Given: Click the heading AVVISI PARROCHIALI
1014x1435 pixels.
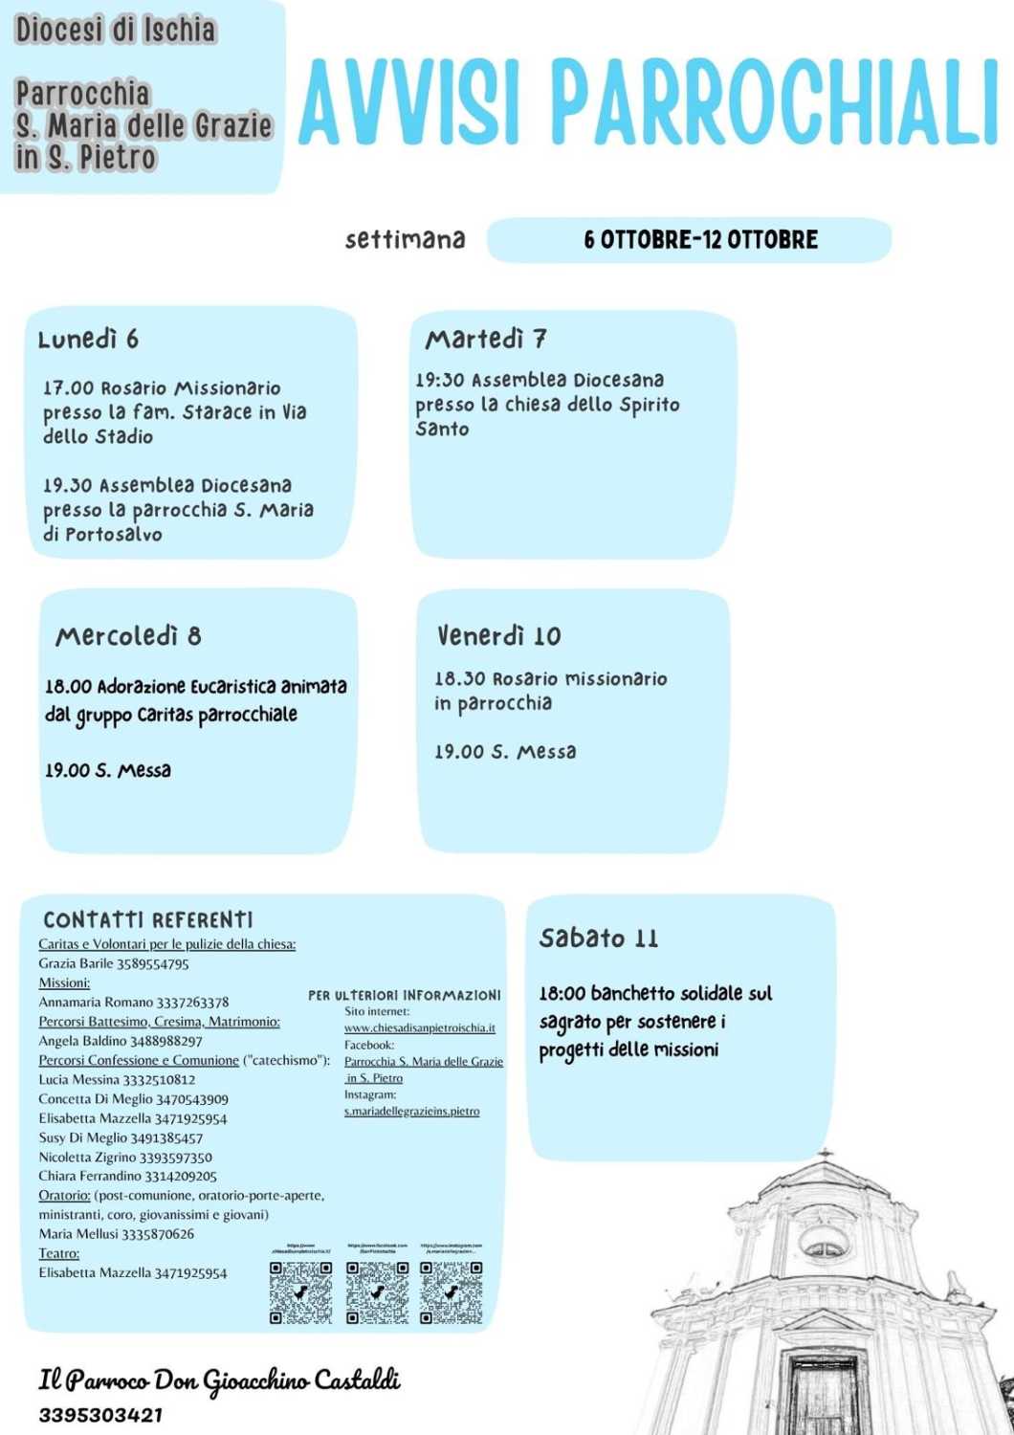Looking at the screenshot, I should point(649,101).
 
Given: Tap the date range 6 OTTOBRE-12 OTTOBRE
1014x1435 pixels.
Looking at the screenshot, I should point(701,239).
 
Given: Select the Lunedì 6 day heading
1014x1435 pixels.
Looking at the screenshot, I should point(88,339).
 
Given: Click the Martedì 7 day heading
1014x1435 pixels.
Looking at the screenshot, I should point(486,339).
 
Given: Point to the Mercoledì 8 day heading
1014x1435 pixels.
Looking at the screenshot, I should point(128,636).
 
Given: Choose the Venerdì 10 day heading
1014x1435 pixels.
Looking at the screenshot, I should point(498,636).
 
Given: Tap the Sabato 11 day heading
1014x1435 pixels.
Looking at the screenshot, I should point(598,938).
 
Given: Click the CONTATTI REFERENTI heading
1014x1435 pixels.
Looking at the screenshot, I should point(148,920).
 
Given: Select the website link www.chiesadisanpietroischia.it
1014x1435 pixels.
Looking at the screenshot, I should point(420,1027).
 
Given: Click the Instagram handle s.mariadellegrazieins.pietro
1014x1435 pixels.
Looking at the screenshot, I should point(412,1111).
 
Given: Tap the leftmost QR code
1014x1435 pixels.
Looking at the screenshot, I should point(300,1292).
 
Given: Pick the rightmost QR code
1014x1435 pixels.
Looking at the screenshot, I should point(452,1292).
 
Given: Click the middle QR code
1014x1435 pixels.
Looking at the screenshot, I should point(377,1292).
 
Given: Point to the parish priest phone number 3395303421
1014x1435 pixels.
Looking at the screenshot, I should point(100,1415).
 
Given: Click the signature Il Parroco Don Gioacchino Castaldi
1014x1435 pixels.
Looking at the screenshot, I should point(219,1380).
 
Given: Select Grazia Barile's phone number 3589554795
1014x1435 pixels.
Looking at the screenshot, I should point(153,963).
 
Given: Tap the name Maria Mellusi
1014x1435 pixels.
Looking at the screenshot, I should point(78,1234).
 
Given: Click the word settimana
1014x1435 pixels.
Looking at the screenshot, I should point(405,239).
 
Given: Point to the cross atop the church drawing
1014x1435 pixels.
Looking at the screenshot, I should point(825,1155).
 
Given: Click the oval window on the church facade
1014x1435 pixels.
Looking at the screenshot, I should point(824,1247).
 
